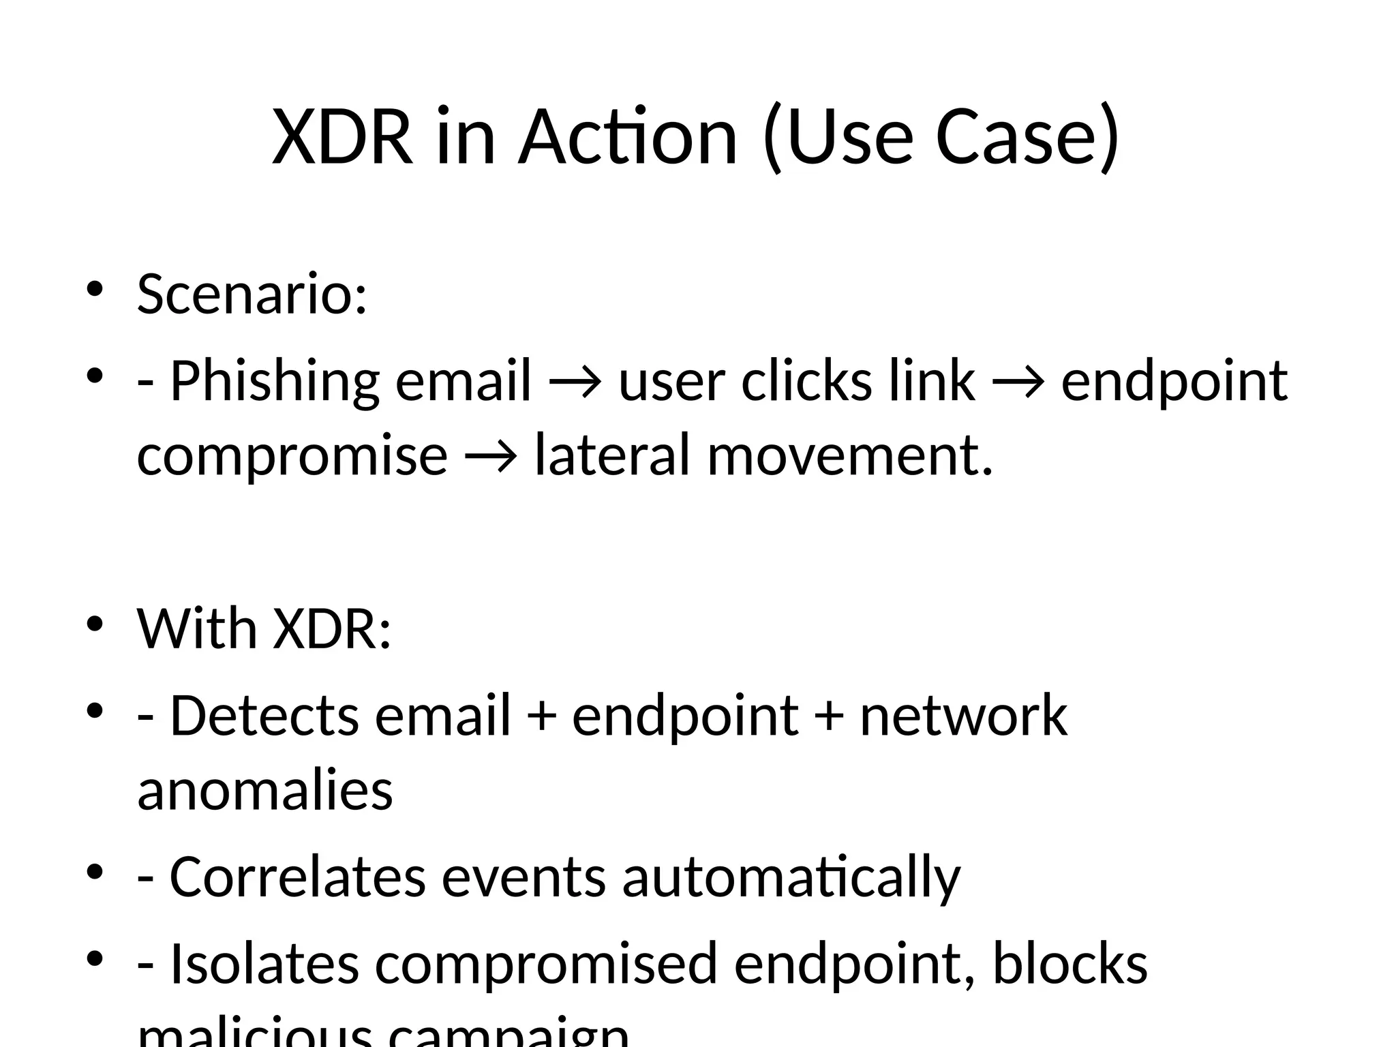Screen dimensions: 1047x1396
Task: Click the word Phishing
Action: (x=274, y=381)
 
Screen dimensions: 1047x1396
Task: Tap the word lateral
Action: (x=613, y=455)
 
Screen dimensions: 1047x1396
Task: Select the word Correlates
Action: (x=297, y=877)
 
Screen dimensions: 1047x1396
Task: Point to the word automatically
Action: (x=791, y=878)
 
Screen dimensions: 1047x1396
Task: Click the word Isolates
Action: (x=264, y=963)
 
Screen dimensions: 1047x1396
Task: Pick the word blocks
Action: (x=1069, y=963)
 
